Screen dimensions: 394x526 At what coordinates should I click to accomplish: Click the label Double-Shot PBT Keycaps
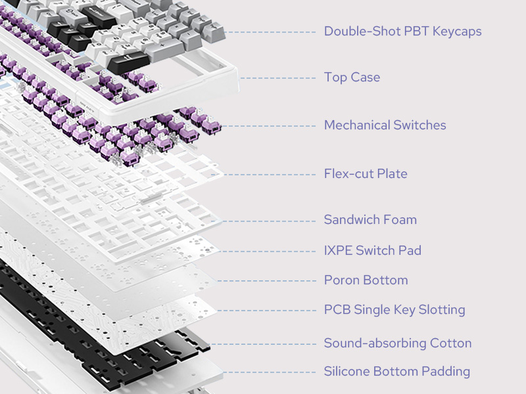pos(402,32)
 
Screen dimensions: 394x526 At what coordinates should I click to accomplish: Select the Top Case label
pos(352,77)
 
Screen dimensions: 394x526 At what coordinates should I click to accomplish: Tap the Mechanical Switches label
pos(385,125)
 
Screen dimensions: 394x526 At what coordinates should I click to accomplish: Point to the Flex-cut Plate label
pos(366,174)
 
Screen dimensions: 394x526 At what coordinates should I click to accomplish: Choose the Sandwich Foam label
pos(370,219)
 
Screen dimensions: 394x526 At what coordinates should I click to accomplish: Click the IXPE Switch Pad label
pos(372,250)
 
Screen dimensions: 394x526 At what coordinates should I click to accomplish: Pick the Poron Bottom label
pos(366,280)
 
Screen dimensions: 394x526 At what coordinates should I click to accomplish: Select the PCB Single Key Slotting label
pos(394,310)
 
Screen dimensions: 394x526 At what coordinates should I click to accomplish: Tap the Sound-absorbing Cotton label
pos(397,343)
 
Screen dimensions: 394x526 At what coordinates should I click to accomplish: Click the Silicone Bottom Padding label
pos(396,372)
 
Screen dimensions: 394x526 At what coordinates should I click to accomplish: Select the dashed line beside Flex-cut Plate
pos(270,175)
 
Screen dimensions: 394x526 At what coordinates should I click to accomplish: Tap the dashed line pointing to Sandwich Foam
pos(270,220)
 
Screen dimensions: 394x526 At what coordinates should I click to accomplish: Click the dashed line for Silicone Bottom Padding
pos(270,372)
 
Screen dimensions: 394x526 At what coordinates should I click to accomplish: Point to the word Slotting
pos(442,310)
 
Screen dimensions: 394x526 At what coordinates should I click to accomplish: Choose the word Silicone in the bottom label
pos(347,372)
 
